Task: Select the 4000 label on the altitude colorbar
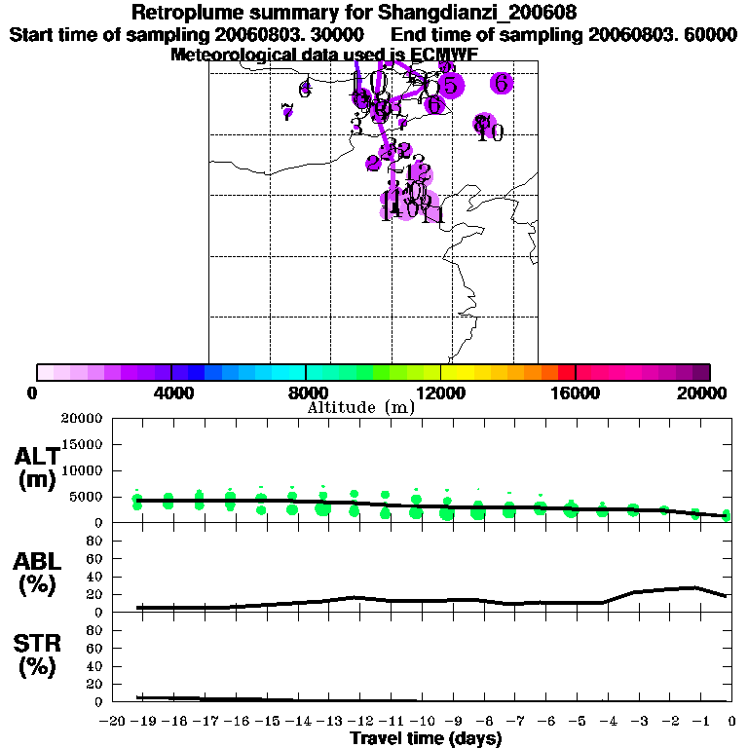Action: pyautogui.click(x=170, y=393)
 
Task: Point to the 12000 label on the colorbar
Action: pyautogui.click(x=440, y=393)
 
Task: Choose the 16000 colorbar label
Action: pyautogui.click(x=576, y=393)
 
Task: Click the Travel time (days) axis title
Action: pyautogui.click(x=426, y=738)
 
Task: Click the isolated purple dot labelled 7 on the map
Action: pyautogui.click(x=287, y=112)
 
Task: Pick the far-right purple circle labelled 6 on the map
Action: pyautogui.click(x=502, y=83)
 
